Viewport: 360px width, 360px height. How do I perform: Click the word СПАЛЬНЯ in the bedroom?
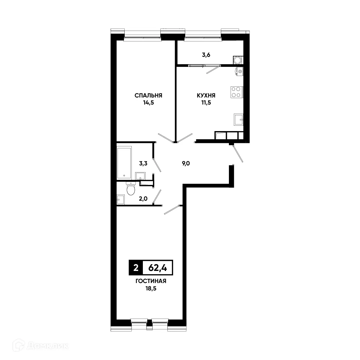pos(148,95)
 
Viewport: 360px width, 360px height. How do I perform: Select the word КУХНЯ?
pos(206,95)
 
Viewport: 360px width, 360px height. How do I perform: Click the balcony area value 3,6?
pos(206,54)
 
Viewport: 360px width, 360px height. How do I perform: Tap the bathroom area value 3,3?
pos(144,164)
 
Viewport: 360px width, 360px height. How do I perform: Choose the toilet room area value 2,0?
pos(144,198)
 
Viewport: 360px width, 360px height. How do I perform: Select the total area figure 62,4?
pos(158,268)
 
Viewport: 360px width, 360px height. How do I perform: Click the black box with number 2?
pos(135,268)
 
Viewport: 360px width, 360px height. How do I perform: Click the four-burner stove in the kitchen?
pos(236,92)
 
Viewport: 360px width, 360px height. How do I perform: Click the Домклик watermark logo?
pos(40,345)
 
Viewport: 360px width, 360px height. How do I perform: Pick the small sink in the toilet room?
pos(120,199)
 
